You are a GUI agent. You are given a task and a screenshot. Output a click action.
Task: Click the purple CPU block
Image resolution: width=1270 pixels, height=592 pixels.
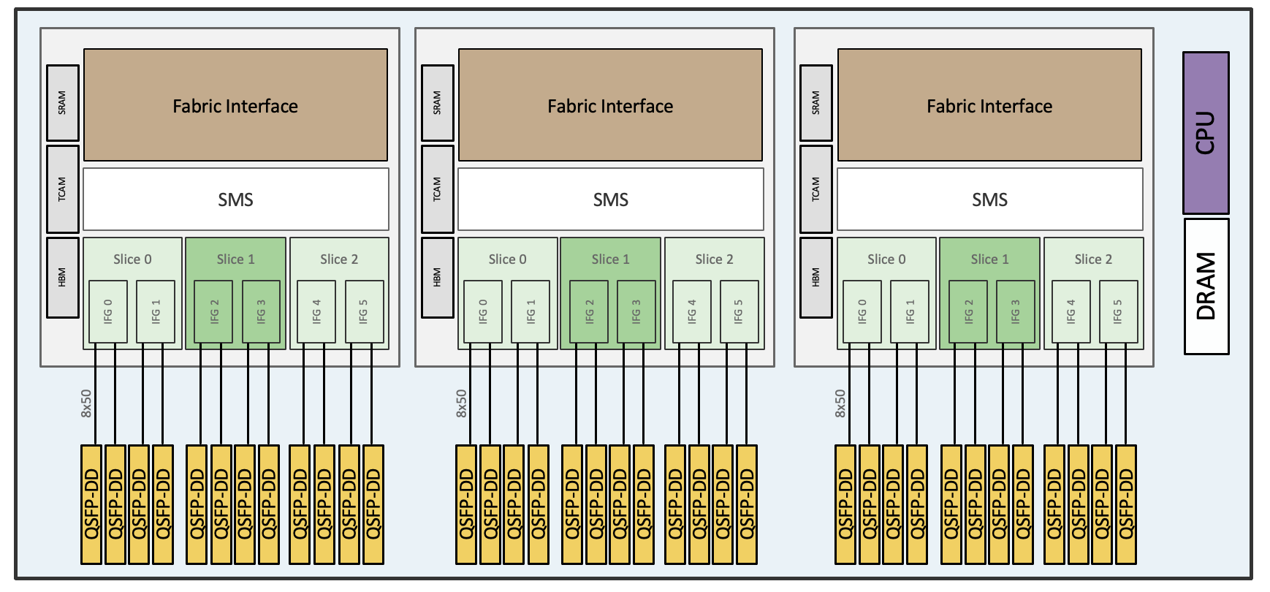[1206, 133]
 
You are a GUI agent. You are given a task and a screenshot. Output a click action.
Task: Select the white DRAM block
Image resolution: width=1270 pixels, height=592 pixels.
[1206, 286]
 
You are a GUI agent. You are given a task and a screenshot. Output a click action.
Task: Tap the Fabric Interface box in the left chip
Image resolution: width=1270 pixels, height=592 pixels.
[235, 105]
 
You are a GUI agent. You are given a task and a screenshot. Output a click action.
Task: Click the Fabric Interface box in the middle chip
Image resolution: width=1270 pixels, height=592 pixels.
[610, 105]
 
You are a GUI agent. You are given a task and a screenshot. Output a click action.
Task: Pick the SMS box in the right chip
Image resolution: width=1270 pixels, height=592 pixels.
[989, 200]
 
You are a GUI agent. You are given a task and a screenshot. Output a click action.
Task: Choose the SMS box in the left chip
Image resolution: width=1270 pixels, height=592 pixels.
[235, 200]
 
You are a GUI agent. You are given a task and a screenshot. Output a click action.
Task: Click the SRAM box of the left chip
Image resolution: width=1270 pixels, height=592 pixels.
[62, 102]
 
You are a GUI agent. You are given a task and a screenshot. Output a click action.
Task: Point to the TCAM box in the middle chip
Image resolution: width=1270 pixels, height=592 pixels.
[437, 189]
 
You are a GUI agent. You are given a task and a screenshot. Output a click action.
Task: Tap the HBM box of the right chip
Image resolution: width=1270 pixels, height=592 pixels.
[815, 277]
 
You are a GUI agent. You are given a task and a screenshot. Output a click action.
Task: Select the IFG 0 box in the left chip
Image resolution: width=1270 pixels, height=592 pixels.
[107, 311]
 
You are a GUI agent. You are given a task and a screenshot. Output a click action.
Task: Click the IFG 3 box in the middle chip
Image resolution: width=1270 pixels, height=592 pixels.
[636, 311]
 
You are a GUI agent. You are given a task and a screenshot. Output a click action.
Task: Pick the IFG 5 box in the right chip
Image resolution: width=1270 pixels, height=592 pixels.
[1117, 311]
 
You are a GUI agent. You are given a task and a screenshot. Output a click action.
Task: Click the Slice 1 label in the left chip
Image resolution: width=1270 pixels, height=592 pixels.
[235, 259]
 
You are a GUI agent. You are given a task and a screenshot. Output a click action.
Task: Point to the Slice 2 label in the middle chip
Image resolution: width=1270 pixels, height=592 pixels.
[714, 259]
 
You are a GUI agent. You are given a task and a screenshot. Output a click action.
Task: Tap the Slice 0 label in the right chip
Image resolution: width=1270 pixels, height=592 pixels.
[886, 259]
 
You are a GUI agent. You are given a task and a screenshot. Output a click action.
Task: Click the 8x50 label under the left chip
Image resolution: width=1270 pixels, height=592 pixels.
[86, 403]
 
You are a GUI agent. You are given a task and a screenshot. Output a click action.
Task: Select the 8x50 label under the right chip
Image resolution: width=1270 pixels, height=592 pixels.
[840, 403]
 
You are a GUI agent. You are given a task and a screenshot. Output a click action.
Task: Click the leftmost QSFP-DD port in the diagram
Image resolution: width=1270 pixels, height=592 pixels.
[91, 504]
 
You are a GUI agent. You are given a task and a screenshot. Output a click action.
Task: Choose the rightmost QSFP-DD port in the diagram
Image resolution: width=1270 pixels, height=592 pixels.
[1125, 504]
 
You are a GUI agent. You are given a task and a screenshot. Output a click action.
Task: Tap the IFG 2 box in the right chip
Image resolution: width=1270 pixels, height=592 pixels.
[967, 311]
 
